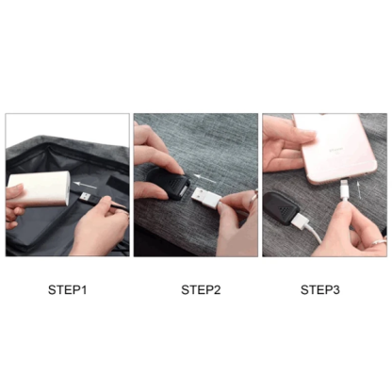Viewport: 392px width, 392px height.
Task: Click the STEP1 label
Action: (x=67, y=289)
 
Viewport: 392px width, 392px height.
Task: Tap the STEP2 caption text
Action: (x=201, y=289)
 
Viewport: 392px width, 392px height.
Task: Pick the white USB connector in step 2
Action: (x=208, y=197)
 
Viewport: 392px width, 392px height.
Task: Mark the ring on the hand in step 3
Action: (x=378, y=242)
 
